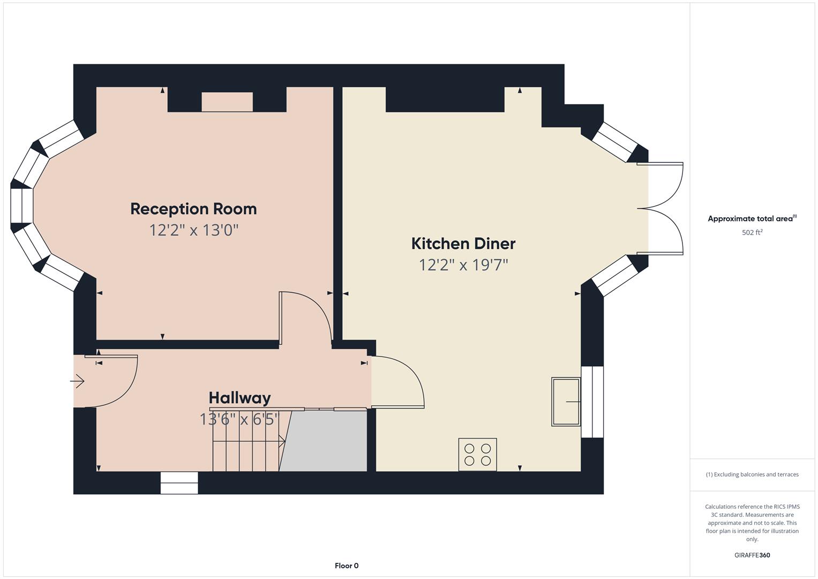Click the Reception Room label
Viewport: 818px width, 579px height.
pos(193,209)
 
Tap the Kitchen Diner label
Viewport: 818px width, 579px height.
pos(463,244)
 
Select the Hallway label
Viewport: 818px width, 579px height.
pos(239,398)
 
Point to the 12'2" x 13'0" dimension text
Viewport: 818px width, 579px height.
pos(194,231)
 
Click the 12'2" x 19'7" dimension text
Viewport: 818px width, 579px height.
pos(463,265)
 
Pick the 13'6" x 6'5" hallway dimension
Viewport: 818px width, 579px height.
pos(239,419)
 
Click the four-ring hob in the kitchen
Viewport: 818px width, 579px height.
pos(478,455)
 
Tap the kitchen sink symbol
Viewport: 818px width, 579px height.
pos(566,402)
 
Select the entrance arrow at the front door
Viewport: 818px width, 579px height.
pos(77,381)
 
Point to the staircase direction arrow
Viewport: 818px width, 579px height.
pos(249,441)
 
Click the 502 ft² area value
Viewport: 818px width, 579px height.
pos(752,233)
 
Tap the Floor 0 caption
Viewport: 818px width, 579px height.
pos(347,566)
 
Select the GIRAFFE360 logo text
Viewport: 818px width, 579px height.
pos(752,555)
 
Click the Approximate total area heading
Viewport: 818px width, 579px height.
pos(752,219)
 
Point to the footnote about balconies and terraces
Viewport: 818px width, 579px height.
pos(752,474)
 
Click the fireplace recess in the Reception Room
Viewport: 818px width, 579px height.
pos(227,102)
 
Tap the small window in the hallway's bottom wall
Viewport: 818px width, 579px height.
pos(179,483)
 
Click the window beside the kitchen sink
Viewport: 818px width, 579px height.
pos(592,402)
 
